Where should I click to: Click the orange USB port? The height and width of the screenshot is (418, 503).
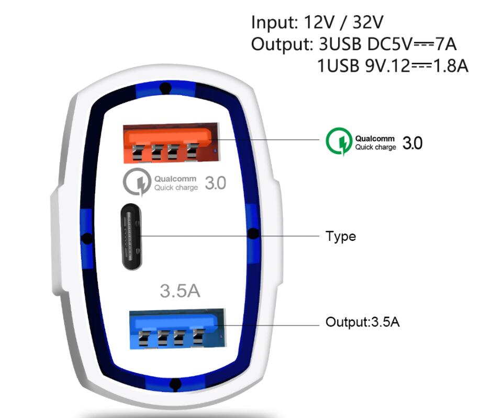coord(171,143)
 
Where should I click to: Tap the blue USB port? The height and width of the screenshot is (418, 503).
coord(177,329)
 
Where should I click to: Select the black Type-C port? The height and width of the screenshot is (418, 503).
coord(131,237)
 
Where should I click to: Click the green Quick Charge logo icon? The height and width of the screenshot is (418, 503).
coord(339,141)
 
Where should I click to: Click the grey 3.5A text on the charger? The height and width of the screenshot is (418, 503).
coord(180,291)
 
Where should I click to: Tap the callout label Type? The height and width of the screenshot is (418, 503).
coord(341,237)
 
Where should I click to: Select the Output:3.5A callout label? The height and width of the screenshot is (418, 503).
coord(363,322)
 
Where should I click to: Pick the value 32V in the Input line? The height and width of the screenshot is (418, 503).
coord(368,22)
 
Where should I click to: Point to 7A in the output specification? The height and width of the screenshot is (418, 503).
coord(445,44)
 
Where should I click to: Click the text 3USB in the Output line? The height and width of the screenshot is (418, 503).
coord(340,44)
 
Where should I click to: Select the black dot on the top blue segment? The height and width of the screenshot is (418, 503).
coord(165,87)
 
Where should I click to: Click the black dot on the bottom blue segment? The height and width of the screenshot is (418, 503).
coord(175,384)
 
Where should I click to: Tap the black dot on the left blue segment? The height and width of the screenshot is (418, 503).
coord(86,238)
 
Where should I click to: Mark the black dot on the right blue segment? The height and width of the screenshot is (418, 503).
coord(253,234)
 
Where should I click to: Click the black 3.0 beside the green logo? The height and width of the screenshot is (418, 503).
coord(412,143)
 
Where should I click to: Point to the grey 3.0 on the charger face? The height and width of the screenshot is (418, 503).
coord(216,183)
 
